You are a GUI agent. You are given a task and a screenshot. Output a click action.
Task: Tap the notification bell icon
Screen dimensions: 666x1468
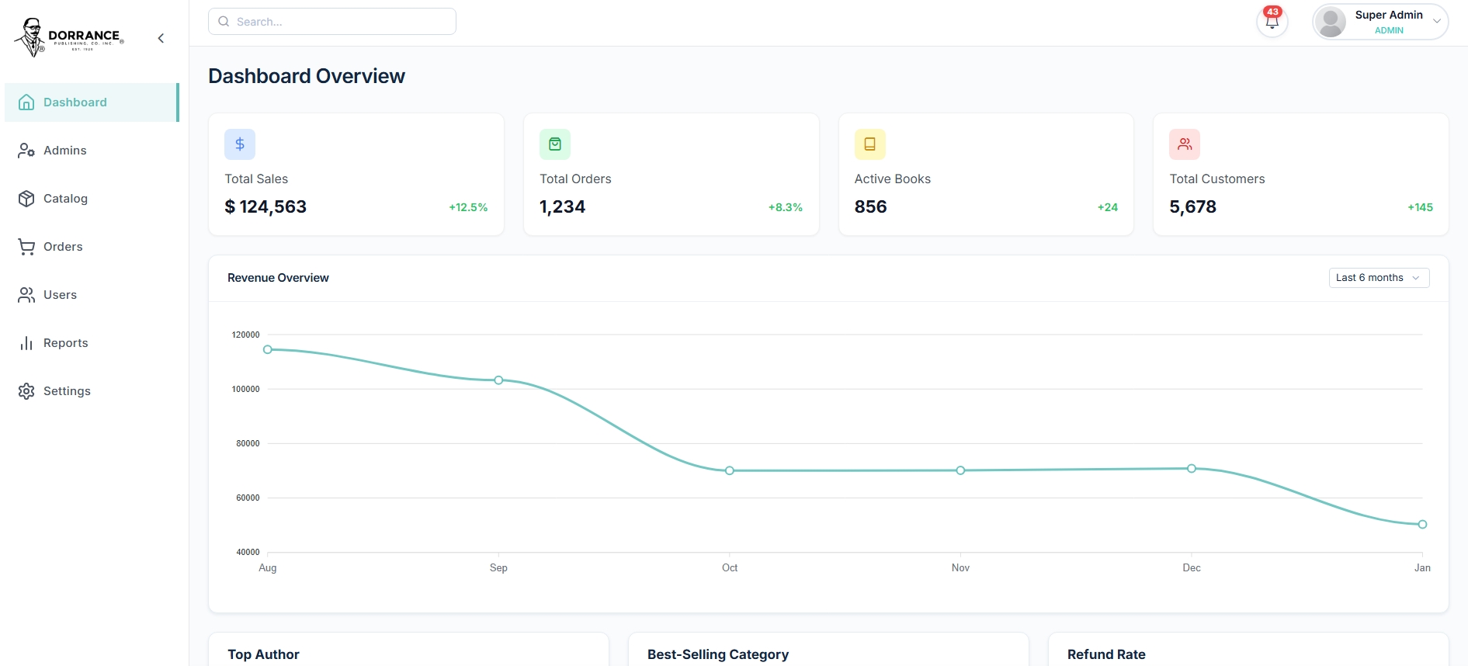(x=1272, y=22)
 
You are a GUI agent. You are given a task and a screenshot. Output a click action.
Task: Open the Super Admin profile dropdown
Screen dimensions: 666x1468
(x=1380, y=22)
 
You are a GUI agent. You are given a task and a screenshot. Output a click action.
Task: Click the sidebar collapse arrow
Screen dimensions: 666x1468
(x=161, y=38)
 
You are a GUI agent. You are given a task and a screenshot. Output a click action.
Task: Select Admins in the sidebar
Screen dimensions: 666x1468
(x=65, y=151)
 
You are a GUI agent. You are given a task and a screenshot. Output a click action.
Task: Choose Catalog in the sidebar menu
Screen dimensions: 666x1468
(x=65, y=199)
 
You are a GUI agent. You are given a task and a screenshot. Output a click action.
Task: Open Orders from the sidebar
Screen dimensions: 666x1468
(x=63, y=247)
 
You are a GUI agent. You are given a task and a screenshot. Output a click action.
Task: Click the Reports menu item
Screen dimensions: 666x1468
(x=65, y=343)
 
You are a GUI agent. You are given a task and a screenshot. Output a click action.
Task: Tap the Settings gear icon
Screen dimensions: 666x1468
(x=26, y=391)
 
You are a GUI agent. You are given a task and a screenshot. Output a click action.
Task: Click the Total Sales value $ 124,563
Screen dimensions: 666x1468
(x=265, y=206)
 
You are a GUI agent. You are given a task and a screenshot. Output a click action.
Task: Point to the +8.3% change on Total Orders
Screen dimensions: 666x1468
(x=785, y=207)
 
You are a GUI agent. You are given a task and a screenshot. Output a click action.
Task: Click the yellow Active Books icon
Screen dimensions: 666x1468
(x=869, y=144)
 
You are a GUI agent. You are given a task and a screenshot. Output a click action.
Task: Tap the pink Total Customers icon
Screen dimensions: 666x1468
(x=1185, y=144)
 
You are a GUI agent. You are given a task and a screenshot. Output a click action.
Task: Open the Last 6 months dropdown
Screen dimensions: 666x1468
(x=1379, y=278)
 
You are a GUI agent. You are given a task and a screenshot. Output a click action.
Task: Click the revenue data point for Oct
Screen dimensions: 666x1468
(x=730, y=470)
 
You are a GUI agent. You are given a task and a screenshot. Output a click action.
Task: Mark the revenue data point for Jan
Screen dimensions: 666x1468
(x=1422, y=525)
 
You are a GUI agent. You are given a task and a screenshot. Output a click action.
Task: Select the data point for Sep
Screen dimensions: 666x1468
(x=498, y=380)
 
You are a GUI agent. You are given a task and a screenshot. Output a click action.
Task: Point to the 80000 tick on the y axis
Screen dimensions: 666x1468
(x=248, y=443)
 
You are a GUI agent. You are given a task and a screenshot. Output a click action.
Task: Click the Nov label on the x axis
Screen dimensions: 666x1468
(x=960, y=568)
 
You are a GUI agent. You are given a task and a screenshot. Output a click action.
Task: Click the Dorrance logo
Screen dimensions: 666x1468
(x=69, y=37)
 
